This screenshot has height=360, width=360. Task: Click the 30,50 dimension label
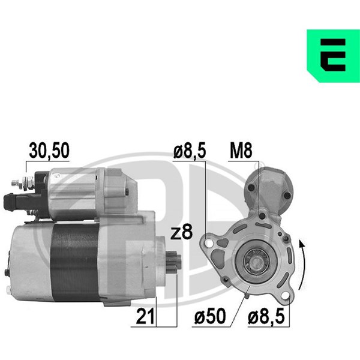click(x=49, y=151)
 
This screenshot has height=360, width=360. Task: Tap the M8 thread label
click(x=241, y=151)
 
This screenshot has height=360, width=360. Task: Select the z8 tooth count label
click(x=182, y=233)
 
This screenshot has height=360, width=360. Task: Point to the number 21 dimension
click(x=145, y=317)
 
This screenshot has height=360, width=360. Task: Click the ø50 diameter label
click(x=210, y=317)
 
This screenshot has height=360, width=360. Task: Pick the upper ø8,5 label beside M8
click(x=190, y=151)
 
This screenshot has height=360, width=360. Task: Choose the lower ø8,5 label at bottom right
click(x=266, y=317)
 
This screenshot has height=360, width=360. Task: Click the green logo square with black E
click(x=334, y=56)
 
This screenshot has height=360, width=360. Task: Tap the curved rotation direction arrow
click(x=303, y=264)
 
